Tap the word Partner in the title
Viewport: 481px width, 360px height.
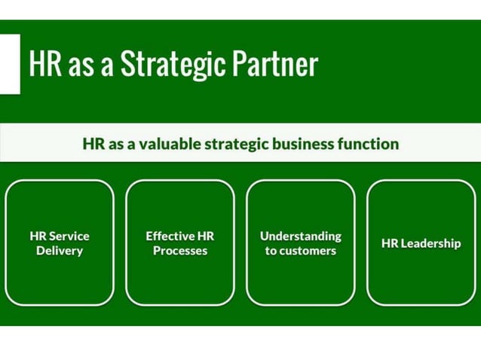click(x=276, y=66)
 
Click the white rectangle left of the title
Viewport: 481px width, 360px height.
click(x=9, y=64)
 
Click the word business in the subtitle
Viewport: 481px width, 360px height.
click(x=309, y=143)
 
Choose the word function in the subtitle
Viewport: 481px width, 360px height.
click(x=369, y=143)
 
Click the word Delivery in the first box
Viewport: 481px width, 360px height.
click(x=60, y=251)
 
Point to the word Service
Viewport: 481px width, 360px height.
click(x=69, y=236)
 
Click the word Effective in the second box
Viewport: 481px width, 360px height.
click(x=170, y=236)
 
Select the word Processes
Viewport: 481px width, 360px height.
click(x=180, y=251)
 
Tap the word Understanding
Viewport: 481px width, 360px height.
click(x=301, y=236)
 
